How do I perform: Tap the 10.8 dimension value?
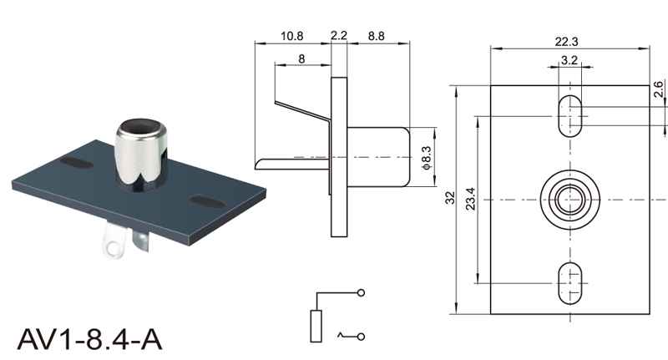click(x=292, y=36)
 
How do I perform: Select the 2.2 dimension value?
click(x=339, y=36)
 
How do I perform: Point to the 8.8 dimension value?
click(x=376, y=36)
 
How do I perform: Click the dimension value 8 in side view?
click(x=301, y=58)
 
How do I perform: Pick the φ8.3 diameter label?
click(x=426, y=158)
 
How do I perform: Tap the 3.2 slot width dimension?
click(x=569, y=60)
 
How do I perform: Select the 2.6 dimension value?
click(x=658, y=90)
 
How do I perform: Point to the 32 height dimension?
click(x=450, y=199)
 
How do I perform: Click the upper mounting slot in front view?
click(x=569, y=115)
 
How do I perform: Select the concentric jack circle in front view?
click(x=569, y=200)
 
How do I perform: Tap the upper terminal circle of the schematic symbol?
click(x=361, y=292)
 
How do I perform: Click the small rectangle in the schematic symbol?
click(x=316, y=325)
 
